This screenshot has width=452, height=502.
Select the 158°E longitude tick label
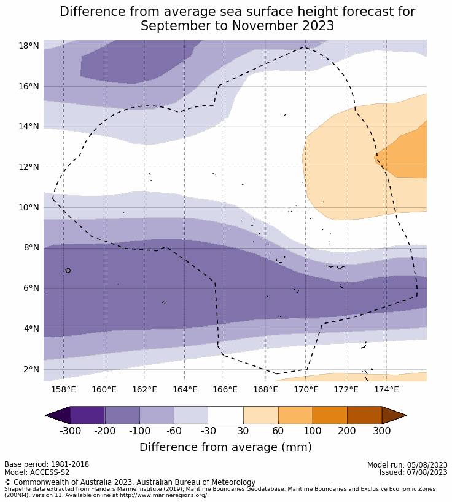pyautogui.click(x=63, y=389)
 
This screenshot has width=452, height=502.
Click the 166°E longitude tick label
pyautogui.click(x=225, y=389)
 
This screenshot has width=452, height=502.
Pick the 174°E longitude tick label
pyautogui.click(x=386, y=389)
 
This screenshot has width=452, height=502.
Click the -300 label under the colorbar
pyautogui.click(x=71, y=431)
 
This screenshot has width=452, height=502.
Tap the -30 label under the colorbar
pyautogui.click(x=209, y=431)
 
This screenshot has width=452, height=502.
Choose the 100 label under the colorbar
pyautogui.click(x=312, y=431)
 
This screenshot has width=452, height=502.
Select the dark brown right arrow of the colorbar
pyautogui.click(x=393, y=415)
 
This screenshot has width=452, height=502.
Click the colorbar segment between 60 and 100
pyautogui.click(x=295, y=415)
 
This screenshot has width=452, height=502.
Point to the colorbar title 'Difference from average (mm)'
pyautogui.click(x=225, y=447)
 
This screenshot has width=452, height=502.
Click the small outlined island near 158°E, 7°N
pyautogui.click(x=68, y=270)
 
